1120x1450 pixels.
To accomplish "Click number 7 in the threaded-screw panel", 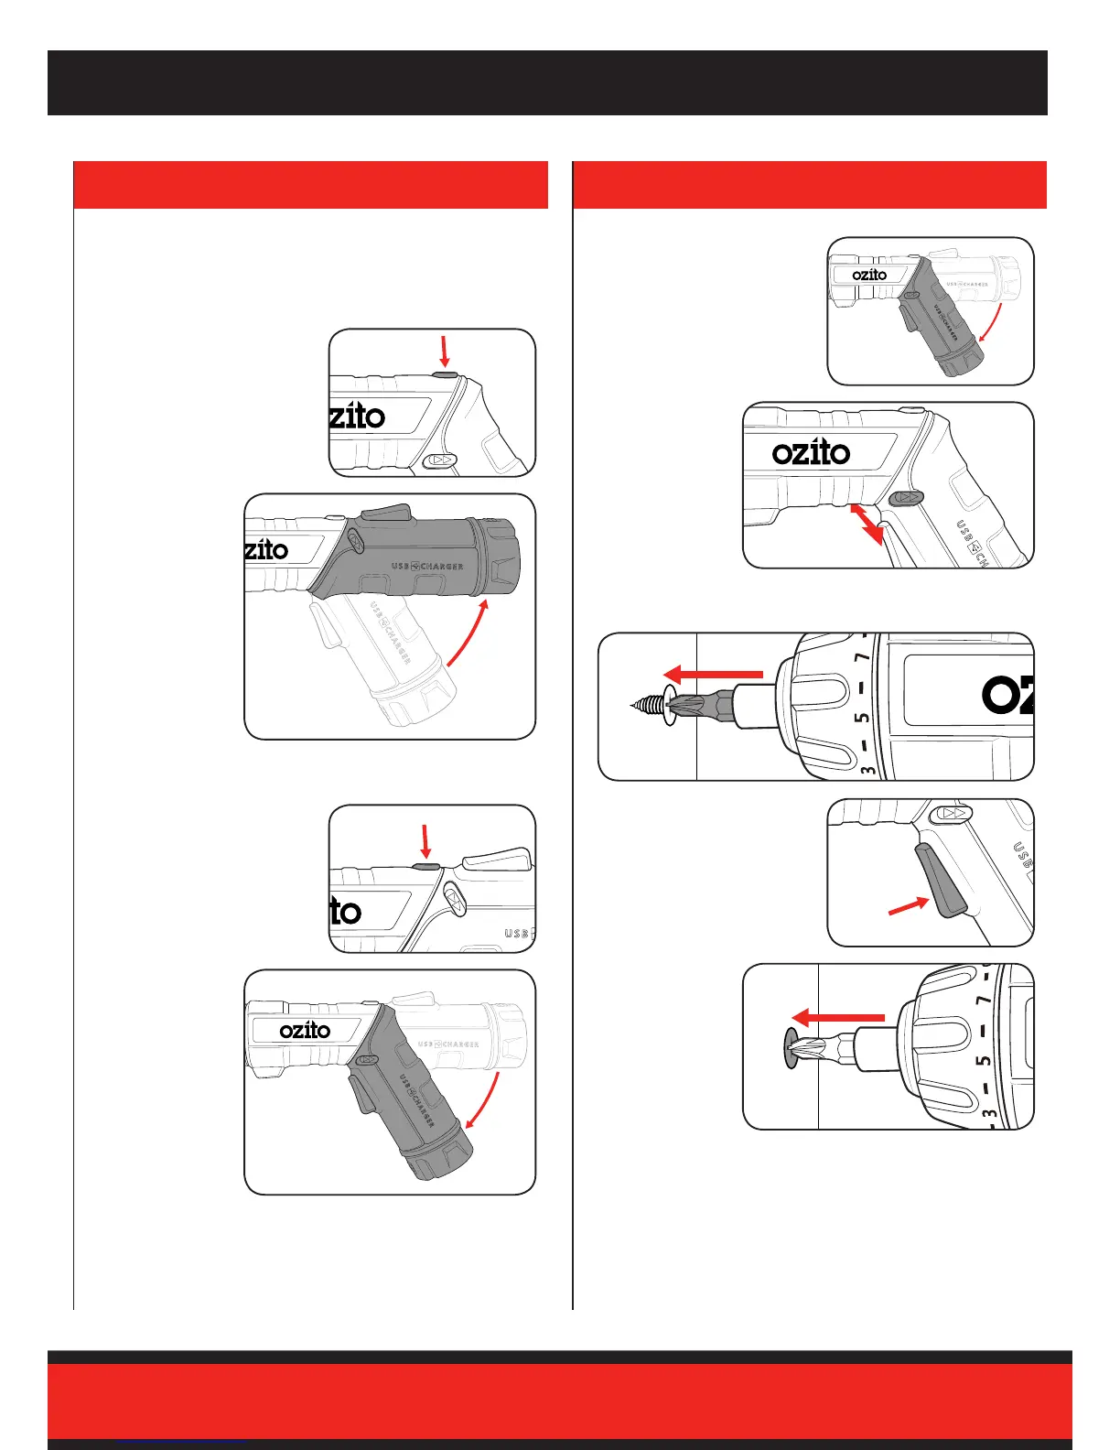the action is pos(860,659).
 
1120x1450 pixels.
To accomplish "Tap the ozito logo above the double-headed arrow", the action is pos(811,452).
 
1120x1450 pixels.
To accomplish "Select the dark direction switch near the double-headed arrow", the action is pos(905,497).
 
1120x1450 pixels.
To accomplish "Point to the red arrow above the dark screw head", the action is pos(837,1017).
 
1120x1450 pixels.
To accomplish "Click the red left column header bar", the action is pos(310,185).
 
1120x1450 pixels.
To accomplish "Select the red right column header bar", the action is pos(809,185).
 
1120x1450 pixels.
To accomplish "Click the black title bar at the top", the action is pos(547,82).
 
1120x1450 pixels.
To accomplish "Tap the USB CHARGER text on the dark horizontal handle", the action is pos(427,566).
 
